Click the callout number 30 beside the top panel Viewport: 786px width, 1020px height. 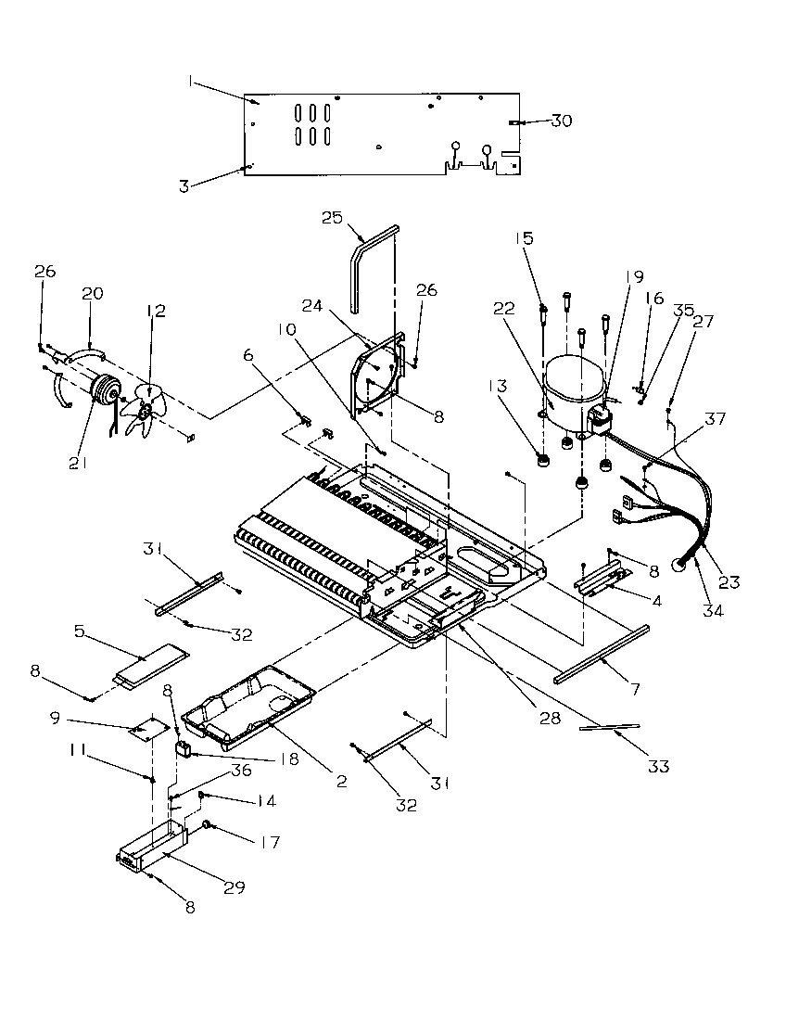click(562, 121)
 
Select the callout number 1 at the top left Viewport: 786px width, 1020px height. click(190, 83)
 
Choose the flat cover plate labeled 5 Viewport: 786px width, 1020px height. click(147, 663)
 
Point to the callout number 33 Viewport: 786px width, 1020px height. click(659, 766)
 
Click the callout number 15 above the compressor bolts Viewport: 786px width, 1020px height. click(525, 238)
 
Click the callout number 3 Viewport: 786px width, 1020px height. click(184, 186)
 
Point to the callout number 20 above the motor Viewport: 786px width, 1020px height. click(92, 293)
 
